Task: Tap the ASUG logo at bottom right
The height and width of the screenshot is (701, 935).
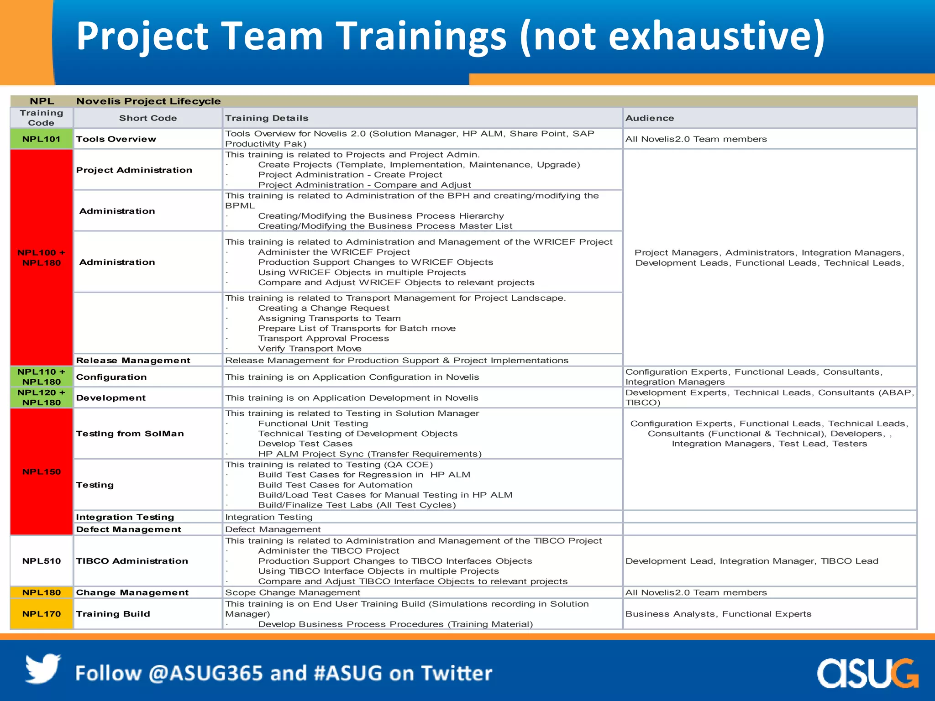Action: (x=867, y=673)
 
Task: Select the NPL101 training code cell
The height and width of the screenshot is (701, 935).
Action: (x=42, y=139)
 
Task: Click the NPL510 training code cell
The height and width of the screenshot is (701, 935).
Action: (x=42, y=561)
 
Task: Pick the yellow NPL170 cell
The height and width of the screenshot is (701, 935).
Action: (x=42, y=614)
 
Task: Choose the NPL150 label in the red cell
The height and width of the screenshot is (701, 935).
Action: (x=42, y=471)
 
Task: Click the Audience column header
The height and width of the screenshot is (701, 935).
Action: (x=650, y=118)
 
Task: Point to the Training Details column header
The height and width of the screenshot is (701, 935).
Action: (x=267, y=118)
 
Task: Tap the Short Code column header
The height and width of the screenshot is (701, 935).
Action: (x=148, y=118)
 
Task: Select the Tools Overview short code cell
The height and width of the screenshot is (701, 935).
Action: (x=116, y=139)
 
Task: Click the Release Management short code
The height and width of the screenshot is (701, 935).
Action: (x=133, y=361)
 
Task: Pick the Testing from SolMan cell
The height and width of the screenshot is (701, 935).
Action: (x=130, y=434)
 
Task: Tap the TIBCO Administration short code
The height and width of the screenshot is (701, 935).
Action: (x=132, y=561)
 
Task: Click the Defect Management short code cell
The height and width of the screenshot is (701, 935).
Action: (x=128, y=529)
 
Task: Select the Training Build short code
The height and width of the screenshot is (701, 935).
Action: (x=113, y=614)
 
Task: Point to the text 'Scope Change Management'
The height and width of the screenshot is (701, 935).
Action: (x=293, y=592)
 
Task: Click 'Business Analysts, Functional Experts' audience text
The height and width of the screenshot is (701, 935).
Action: (x=718, y=614)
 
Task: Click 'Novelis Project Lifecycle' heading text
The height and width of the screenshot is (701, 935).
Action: (x=148, y=101)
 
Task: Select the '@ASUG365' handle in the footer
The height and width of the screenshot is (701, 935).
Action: (x=206, y=673)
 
